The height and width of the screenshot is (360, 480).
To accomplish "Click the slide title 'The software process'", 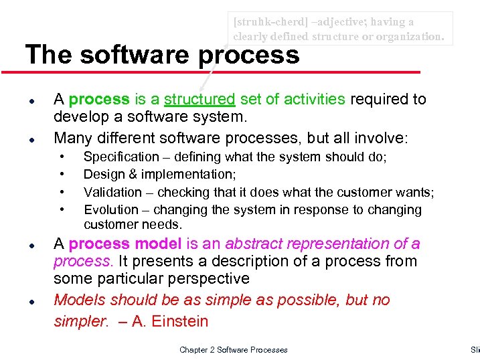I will [x=162, y=55].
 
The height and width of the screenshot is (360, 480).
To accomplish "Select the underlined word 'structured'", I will [x=199, y=100].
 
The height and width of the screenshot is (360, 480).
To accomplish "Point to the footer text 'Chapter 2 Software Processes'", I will [x=234, y=350].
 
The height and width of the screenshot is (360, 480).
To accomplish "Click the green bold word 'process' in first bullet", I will [x=99, y=100].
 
